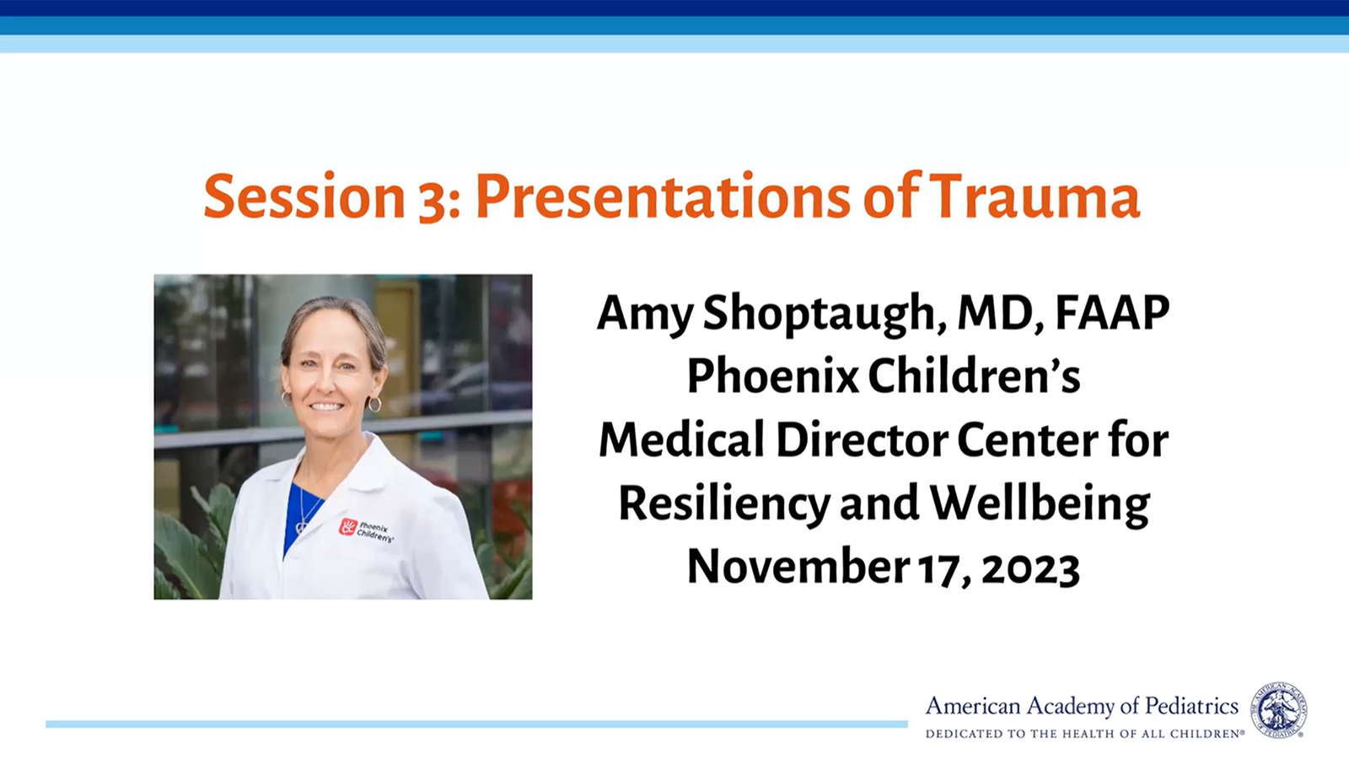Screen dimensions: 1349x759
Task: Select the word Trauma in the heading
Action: click(1034, 196)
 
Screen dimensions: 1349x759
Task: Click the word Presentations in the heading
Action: click(663, 196)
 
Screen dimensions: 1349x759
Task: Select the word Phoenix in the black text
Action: click(772, 376)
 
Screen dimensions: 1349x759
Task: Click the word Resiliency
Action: click(724, 506)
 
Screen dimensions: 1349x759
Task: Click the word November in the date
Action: click(798, 567)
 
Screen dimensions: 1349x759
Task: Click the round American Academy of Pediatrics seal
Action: click(1278, 711)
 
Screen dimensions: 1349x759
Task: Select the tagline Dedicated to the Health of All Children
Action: click(1084, 735)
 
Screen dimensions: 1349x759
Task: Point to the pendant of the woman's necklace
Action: click(300, 528)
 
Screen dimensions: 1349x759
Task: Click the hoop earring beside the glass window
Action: click(374, 404)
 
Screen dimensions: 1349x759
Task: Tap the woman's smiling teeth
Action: click(325, 406)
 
